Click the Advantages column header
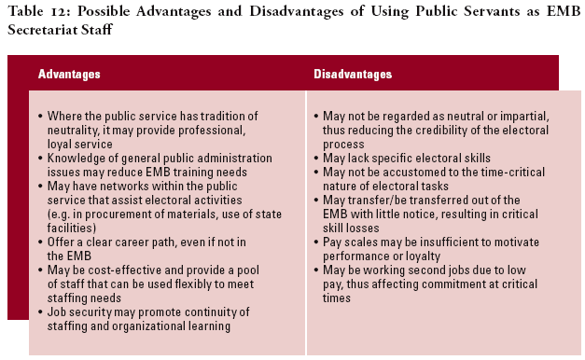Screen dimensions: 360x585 click(69, 74)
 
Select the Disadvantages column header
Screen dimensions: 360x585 click(353, 74)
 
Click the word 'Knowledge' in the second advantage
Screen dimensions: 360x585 click(77, 158)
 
